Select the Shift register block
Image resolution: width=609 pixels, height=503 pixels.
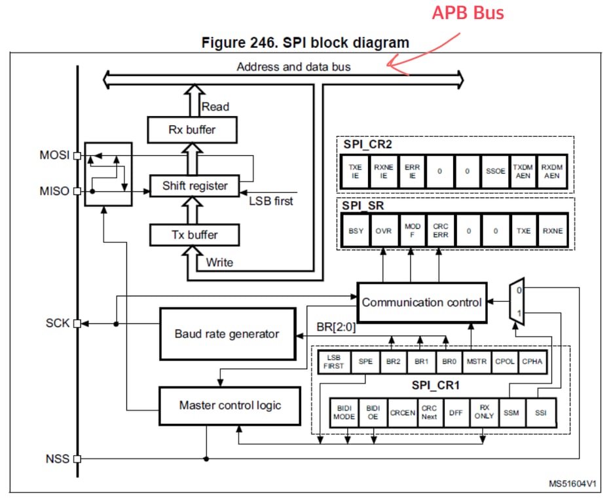tap(195, 186)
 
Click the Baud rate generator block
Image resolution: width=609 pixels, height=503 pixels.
tap(227, 334)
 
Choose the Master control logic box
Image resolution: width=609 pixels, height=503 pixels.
tap(230, 405)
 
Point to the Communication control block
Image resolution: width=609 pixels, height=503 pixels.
tap(422, 303)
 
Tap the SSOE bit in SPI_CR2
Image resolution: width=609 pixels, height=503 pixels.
tap(495, 171)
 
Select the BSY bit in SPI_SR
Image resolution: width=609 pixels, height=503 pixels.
tap(356, 231)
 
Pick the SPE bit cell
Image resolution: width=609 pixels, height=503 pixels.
tap(365, 361)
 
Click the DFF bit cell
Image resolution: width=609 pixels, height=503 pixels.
tap(456, 413)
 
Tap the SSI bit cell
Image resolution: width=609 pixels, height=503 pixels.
tap(541, 413)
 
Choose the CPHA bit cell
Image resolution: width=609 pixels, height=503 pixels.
tap(532, 361)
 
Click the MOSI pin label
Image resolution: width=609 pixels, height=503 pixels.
tap(54, 156)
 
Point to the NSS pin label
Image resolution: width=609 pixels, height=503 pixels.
tap(57, 459)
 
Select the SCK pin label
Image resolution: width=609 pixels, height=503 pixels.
tap(57, 323)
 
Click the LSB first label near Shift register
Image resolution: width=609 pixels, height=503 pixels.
tap(270, 201)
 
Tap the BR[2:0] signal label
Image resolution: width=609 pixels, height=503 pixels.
tap(336, 327)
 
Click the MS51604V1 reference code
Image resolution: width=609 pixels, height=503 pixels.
tap(572, 484)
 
